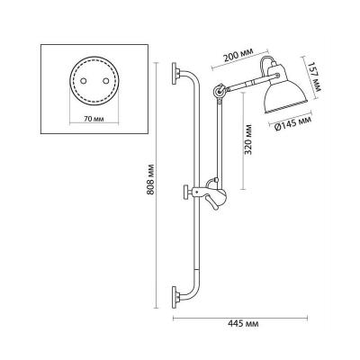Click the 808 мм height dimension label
click(151, 179)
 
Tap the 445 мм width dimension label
click(243, 324)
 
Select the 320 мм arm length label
click(247, 139)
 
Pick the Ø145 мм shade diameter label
click(292, 123)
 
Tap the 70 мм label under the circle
click(94, 119)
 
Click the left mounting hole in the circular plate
click(84, 81)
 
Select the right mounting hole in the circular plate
click(105, 81)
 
